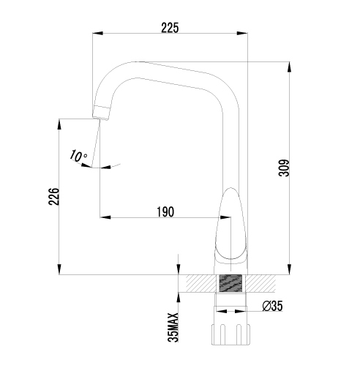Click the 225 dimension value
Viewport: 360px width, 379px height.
point(170,28)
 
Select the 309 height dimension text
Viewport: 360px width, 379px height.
point(284,168)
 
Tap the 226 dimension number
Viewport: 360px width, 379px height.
point(54,197)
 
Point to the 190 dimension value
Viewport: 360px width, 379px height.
point(165,211)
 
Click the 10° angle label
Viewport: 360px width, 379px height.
point(78,157)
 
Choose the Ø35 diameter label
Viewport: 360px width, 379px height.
point(273,306)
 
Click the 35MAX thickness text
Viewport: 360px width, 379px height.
point(173,328)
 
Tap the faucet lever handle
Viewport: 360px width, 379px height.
point(230,225)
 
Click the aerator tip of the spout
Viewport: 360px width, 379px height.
point(101,113)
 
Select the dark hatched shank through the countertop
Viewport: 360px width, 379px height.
point(230,283)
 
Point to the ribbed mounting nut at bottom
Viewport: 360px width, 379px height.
point(230,334)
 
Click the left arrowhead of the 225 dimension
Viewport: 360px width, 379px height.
point(98,33)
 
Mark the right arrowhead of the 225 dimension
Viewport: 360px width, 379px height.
point(242,33)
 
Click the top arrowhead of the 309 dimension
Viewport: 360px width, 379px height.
point(290,67)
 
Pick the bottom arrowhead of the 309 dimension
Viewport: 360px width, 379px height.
point(290,269)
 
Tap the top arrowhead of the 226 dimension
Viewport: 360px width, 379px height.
point(59,124)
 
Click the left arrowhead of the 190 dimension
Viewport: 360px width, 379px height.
point(105,217)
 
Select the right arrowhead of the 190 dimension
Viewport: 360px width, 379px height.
point(225,217)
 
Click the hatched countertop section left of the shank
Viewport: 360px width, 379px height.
point(201,283)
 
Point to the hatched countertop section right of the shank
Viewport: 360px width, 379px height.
point(260,283)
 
